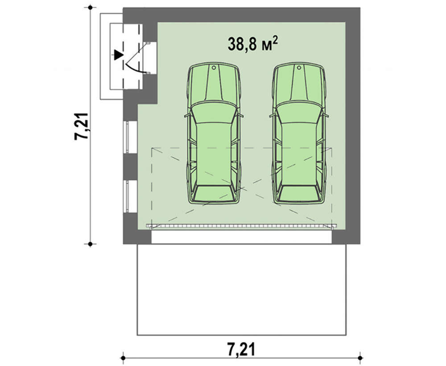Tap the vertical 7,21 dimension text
pos(82,126)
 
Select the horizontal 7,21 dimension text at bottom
pos(241,349)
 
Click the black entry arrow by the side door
pos(118,55)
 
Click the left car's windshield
pos(213,113)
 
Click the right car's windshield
pos(299,113)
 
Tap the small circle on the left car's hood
pos(214,68)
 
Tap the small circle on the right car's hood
pos(299,68)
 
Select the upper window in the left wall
pos(130,137)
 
